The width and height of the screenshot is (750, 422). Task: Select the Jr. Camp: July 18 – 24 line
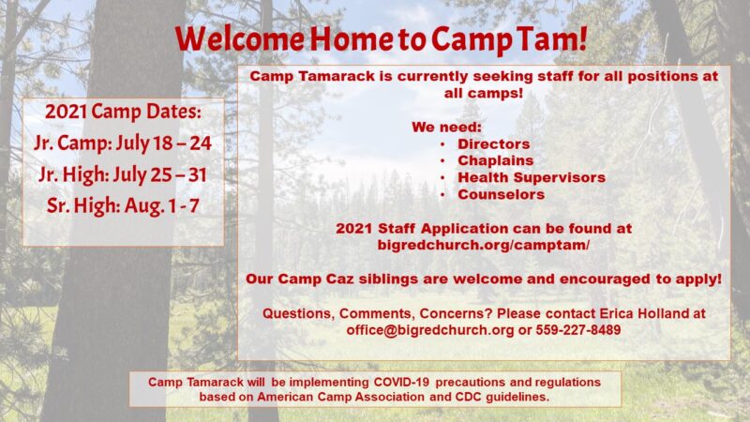pyautogui.click(x=123, y=143)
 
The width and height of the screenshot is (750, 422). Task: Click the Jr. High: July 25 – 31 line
pyautogui.click(x=123, y=174)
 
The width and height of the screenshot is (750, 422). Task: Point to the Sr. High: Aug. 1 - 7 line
pyautogui.click(x=123, y=205)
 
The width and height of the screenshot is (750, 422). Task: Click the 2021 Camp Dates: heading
pyautogui.click(x=123, y=112)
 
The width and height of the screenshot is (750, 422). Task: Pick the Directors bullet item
pyautogui.click(x=494, y=144)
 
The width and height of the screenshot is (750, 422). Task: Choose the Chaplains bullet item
pyautogui.click(x=496, y=160)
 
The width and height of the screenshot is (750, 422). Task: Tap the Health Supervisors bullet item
pyautogui.click(x=532, y=177)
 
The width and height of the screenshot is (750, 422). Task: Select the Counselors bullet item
pyautogui.click(x=502, y=195)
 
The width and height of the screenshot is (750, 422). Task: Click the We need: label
pyautogui.click(x=447, y=128)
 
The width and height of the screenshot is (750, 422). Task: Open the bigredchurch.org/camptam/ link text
pyautogui.click(x=484, y=245)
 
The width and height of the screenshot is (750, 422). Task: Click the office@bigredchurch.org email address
pyautogui.click(x=430, y=330)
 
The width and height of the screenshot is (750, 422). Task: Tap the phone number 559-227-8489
pyautogui.click(x=578, y=330)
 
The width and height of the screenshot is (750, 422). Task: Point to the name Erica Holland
pyautogui.click(x=644, y=313)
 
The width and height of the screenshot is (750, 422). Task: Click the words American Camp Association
pyautogui.click(x=340, y=397)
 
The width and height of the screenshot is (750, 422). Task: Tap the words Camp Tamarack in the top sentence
pyautogui.click(x=312, y=77)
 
